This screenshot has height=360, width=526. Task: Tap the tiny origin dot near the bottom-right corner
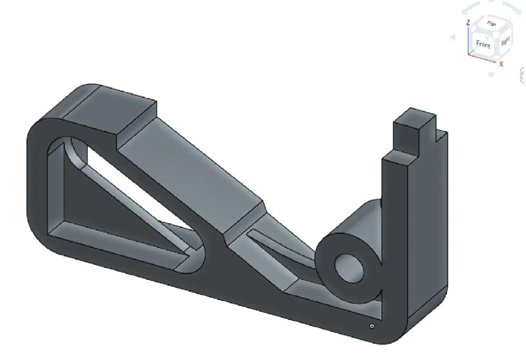pos(372,326)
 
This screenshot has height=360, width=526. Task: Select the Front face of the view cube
pos(483,44)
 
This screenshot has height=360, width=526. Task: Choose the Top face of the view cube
pos(491,24)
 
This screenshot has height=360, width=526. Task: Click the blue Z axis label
pos(469,22)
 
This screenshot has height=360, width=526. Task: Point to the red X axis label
pos(501,64)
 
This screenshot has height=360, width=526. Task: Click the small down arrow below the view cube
pos(491,75)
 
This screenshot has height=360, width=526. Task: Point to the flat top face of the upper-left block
pos(110,105)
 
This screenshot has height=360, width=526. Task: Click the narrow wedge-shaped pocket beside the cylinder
pos(281,250)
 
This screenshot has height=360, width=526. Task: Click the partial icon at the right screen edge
pos(522,75)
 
